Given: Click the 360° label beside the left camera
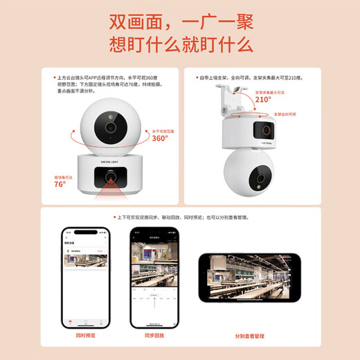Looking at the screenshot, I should click(x=160, y=137).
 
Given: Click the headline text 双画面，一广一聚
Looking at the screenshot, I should click(x=180, y=22).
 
